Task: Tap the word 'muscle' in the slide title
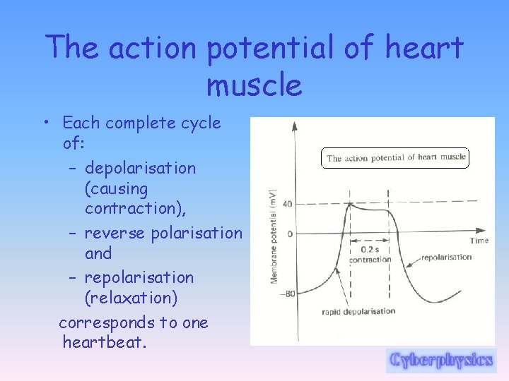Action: click(254, 85)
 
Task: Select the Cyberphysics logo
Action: click(440, 360)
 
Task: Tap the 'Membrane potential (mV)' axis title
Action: click(274, 237)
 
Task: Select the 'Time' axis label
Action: click(479, 241)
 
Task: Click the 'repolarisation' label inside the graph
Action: click(446, 258)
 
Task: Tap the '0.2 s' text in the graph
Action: click(370, 249)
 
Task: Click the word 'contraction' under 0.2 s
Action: click(370, 259)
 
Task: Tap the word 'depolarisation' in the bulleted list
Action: click(140, 168)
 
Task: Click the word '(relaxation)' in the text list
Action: click(131, 298)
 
